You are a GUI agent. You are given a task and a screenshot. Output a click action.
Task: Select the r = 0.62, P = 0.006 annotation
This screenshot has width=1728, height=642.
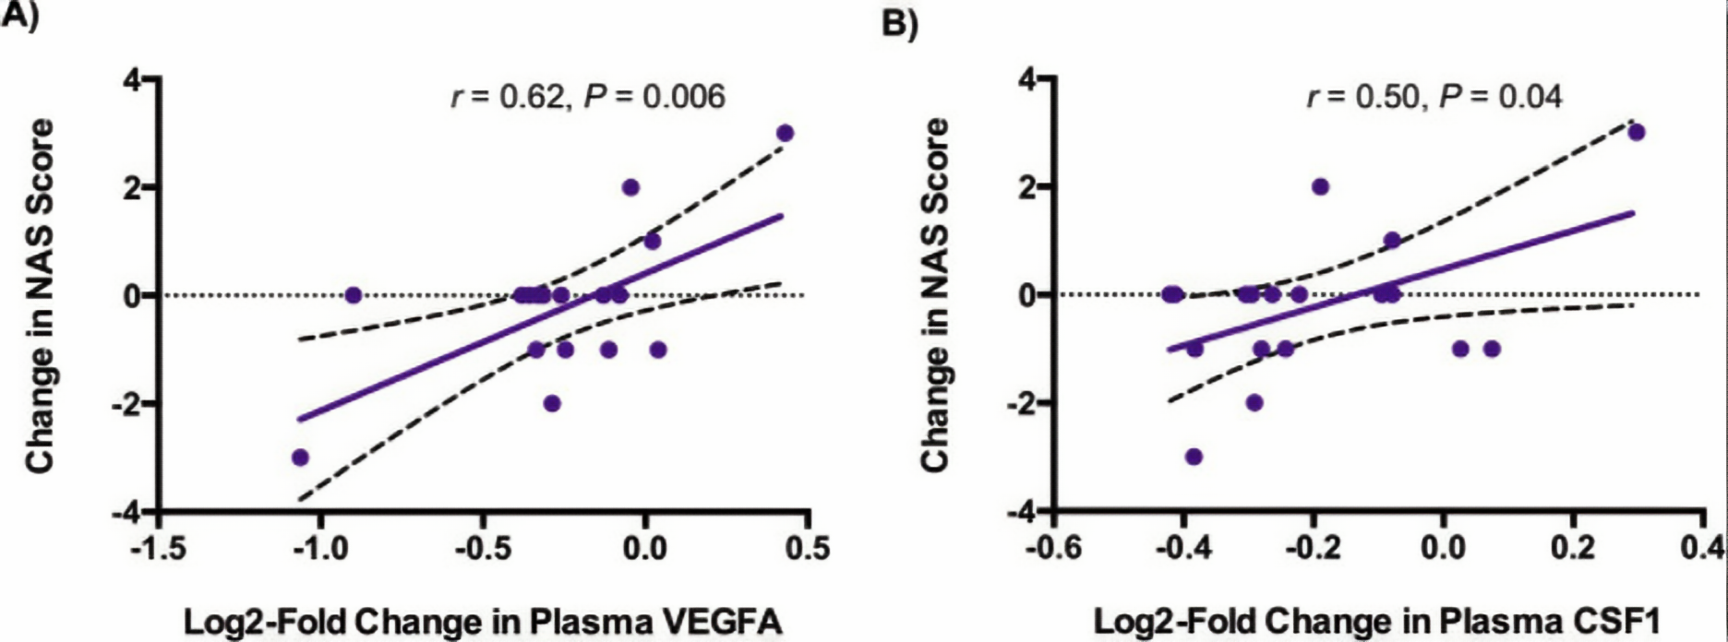pos(588,96)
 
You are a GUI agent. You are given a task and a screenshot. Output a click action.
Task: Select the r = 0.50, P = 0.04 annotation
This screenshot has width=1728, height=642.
pos(1434,96)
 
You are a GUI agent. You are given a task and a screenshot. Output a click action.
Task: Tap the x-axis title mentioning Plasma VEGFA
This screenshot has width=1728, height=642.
pos(483,622)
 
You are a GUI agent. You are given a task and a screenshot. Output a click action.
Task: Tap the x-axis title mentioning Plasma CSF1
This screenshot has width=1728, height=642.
pos(1375,622)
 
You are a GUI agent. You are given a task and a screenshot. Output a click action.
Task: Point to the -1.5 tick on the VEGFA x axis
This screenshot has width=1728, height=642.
pos(158,549)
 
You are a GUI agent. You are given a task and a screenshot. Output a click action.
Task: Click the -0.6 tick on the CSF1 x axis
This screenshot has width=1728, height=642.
pos(1054,549)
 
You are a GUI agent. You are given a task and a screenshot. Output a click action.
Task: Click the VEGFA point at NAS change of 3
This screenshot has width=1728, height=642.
pos(786,133)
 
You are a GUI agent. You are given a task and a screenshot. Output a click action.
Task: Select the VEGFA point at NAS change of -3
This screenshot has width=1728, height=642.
pos(300,457)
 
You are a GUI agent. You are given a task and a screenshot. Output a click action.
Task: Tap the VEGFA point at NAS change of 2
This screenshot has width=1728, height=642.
pos(630,187)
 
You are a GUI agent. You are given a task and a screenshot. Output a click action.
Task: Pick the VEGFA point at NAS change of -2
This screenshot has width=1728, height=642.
pos(552,403)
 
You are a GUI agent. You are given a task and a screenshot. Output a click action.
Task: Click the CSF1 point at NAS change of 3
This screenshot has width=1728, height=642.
pos(1637,132)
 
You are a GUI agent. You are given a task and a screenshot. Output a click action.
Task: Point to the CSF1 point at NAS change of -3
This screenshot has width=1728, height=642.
pos(1194,457)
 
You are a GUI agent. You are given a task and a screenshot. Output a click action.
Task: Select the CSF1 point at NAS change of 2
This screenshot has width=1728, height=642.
pos(1321,186)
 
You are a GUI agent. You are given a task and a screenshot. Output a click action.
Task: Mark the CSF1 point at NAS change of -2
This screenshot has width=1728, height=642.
pos(1254,403)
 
